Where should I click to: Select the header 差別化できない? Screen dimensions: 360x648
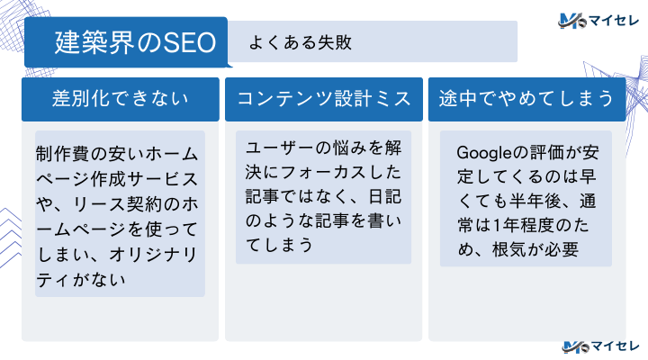121,99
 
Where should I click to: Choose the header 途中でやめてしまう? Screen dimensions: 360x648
527,99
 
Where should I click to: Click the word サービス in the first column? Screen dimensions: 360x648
163,172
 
